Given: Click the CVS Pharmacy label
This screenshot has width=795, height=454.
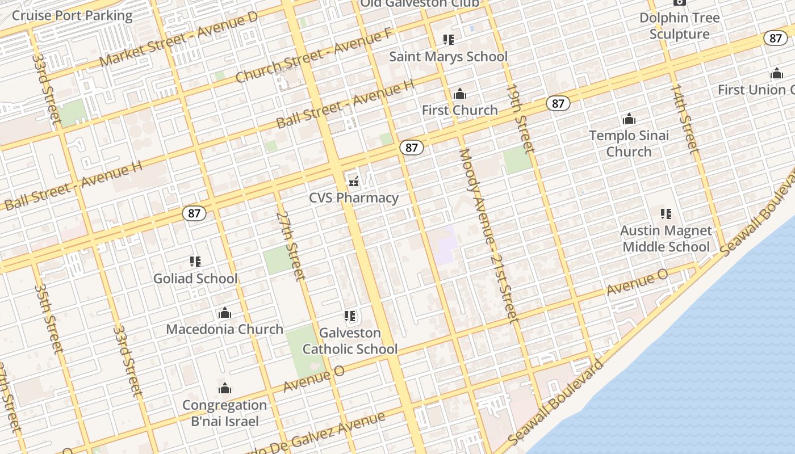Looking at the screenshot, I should point(353,198).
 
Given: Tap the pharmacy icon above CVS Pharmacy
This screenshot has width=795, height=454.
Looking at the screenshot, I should point(353,182).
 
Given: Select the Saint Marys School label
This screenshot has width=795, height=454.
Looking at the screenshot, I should point(448,57).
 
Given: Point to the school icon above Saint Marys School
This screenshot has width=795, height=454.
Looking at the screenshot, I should point(449,40).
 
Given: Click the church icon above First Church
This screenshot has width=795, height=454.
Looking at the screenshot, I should point(460,94).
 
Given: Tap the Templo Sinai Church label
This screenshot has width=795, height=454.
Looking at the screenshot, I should point(629,144).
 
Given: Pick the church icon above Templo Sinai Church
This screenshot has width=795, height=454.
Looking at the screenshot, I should point(629,119).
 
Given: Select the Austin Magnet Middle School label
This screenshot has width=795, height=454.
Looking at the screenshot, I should point(666,239).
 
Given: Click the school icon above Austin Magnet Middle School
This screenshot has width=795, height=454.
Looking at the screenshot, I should point(666,214).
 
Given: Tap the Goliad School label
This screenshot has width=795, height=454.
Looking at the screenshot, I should point(195,279).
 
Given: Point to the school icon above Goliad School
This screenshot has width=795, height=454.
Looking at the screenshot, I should point(195,262).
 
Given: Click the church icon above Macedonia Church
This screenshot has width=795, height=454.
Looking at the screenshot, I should point(225,313).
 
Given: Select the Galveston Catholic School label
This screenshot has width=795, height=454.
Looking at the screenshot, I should point(350,341).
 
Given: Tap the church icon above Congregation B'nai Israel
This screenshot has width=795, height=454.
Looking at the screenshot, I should point(225,389).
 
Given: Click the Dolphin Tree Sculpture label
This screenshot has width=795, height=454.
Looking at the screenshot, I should point(679,26).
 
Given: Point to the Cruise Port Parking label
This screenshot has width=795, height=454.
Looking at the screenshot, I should point(72,16).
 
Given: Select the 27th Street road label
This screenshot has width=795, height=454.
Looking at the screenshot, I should point(291,246).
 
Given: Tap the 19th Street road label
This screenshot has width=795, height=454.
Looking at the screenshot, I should point(520,119).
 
